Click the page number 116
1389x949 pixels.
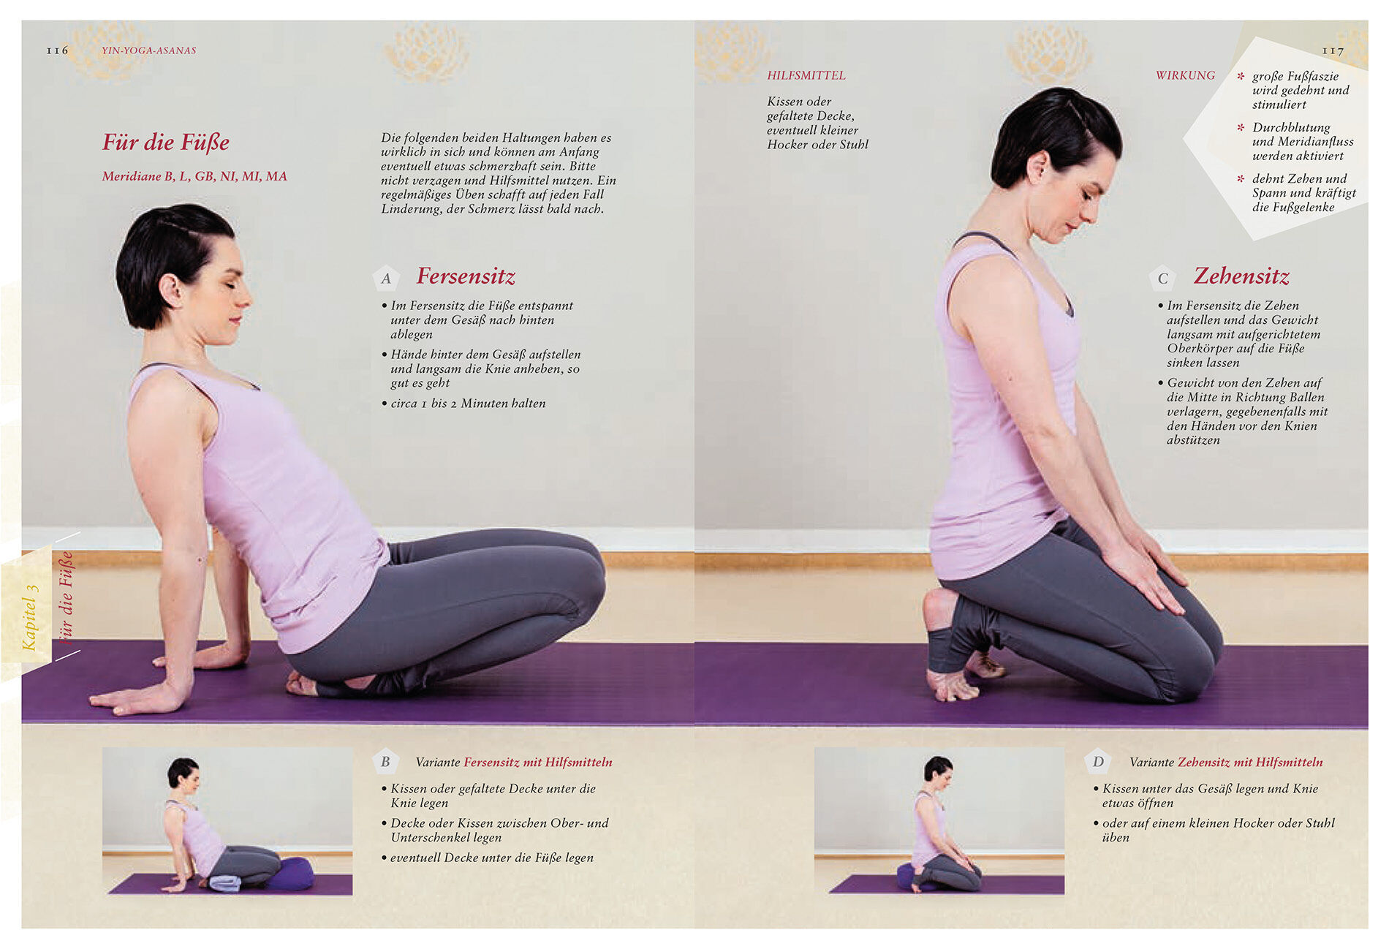click(57, 50)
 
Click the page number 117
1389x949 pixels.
click(1332, 50)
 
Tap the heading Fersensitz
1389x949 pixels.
click(466, 276)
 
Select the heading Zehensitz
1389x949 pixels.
click(1241, 276)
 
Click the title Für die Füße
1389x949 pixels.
click(166, 142)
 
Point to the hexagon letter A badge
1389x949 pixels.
click(386, 278)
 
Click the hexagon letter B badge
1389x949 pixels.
click(385, 762)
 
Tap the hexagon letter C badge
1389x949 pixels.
click(1162, 278)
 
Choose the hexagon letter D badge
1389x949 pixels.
click(1098, 762)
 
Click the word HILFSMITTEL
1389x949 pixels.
click(806, 75)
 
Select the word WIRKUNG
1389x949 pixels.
click(1185, 75)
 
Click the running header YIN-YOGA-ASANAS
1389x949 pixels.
click(149, 50)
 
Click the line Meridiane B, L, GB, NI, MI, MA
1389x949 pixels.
click(194, 176)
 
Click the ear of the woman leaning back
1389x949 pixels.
click(171, 290)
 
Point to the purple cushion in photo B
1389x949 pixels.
click(290, 874)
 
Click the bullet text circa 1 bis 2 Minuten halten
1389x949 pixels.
click(468, 404)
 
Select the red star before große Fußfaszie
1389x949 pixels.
click(1241, 75)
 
